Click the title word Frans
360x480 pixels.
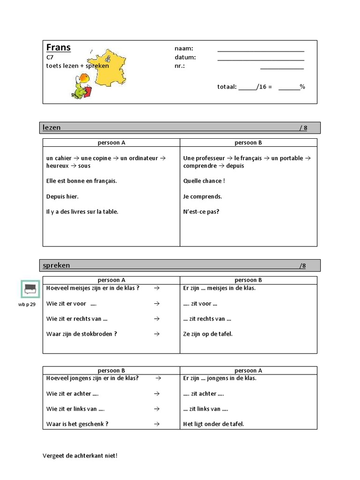point(59,47)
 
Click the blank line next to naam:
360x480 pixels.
point(261,51)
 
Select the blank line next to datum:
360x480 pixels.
point(261,60)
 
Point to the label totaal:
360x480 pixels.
point(227,87)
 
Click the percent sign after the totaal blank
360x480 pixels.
point(302,87)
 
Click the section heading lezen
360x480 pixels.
point(52,127)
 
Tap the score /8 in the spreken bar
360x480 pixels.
point(302,266)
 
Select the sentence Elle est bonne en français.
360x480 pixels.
point(82,181)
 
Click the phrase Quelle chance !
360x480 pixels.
point(204,181)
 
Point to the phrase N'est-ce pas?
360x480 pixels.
point(201,211)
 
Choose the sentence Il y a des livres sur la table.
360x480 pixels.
point(82,211)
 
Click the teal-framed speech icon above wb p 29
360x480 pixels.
point(30,289)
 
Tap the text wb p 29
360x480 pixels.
point(27,304)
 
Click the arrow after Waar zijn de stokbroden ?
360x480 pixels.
point(157,334)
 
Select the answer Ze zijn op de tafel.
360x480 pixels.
point(208,334)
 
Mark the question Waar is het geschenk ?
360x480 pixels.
point(77,424)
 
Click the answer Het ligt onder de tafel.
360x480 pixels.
point(213,424)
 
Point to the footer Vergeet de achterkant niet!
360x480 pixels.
point(80,455)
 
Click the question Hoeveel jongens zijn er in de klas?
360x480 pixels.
point(92,378)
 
